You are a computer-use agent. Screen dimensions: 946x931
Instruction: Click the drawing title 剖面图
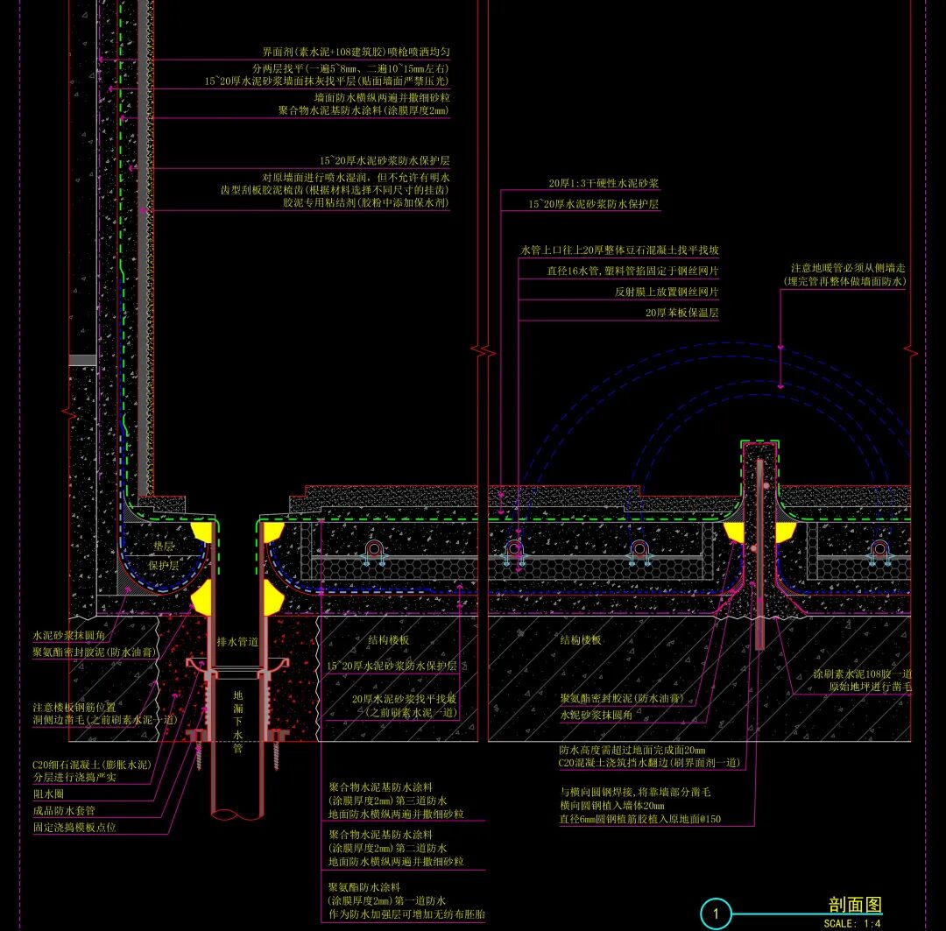[x=855, y=905]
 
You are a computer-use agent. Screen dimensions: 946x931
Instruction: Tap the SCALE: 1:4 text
[x=851, y=923]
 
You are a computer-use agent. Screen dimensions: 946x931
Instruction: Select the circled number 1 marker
[x=716, y=915]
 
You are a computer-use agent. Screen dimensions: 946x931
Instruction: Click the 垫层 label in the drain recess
[x=164, y=545]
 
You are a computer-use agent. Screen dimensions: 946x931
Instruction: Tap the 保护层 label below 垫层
[x=163, y=566]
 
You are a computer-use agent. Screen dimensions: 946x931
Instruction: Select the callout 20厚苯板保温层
[x=681, y=313]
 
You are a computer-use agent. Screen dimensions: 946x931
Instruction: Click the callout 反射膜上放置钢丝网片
[x=666, y=292]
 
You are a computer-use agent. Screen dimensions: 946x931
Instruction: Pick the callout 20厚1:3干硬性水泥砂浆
[x=604, y=183]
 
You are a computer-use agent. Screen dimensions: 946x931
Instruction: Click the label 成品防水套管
[x=64, y=810]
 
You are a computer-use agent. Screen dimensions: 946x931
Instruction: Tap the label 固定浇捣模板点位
[x=74, y=827]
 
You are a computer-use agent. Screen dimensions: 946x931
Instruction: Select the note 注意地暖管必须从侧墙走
[x=847, y=267]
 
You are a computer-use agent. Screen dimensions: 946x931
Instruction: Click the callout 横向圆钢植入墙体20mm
[x=611, y=806]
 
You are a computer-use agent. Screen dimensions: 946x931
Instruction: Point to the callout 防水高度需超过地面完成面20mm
[x=632, y=750]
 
